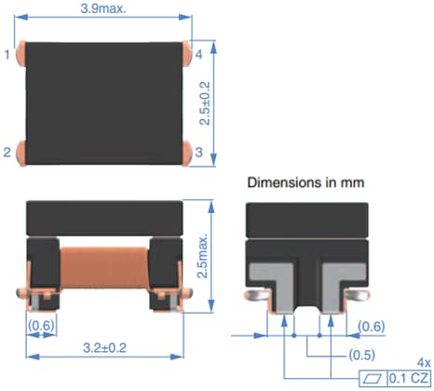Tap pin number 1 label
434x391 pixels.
pos(7,55)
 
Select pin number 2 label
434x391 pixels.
pos(7,152)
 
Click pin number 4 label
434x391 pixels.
pos(198,55)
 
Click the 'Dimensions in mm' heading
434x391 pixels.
pos(305,183)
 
